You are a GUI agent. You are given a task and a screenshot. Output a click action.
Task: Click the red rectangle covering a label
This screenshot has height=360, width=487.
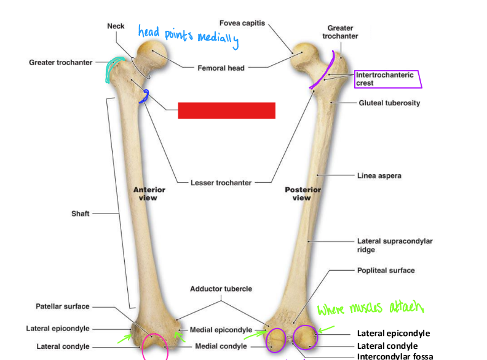(x=226, y=110)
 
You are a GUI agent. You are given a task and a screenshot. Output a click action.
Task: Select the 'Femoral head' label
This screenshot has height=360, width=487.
(x=221, y=68)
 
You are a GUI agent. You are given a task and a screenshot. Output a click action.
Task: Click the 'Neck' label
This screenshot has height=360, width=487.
(x=116, y=26)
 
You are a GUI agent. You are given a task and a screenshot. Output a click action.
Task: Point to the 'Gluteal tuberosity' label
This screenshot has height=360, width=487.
(x=389, y=103)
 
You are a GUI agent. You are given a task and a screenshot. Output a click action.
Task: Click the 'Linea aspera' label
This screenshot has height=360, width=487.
(x=379, y=176)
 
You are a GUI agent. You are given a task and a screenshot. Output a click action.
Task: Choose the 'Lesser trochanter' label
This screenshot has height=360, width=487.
(x=221, y=182)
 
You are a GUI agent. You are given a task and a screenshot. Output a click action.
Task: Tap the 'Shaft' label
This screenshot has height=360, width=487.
(x=81, y=214)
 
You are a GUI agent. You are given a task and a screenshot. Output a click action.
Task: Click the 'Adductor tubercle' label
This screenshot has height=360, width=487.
(x=221, y=289)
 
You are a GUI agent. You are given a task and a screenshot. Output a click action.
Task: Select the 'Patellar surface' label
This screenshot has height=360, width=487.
(x=62, y=306)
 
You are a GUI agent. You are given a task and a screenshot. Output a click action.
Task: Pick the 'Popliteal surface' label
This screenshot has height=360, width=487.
(x=386, y=270)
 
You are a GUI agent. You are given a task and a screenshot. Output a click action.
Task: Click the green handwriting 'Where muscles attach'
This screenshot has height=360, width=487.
(x=371, y=307)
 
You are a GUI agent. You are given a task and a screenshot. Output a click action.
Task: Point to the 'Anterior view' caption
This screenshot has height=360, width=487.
(x=149, y=194)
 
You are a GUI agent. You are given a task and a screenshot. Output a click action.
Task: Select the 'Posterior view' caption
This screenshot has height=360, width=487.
(x=302, y=194)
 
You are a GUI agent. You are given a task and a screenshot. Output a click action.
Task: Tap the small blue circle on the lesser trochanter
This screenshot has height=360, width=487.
(x=145, y=96)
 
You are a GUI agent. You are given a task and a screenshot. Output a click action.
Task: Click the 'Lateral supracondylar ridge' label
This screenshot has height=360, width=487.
(x=394, y=246)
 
